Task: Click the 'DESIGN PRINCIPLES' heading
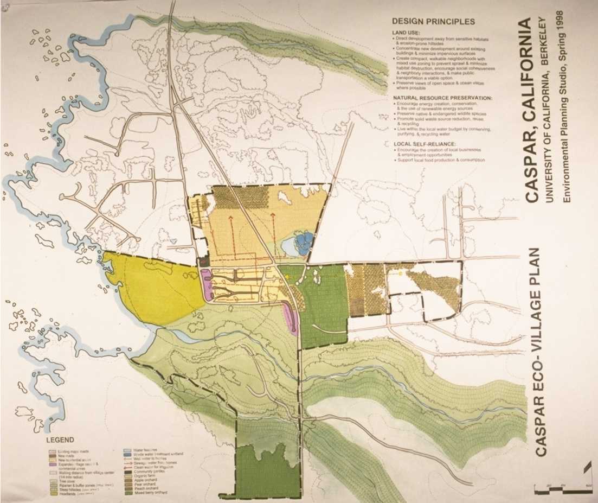click(x=433, y=22)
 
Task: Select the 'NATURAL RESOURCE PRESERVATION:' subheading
click(x=442, y=98)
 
